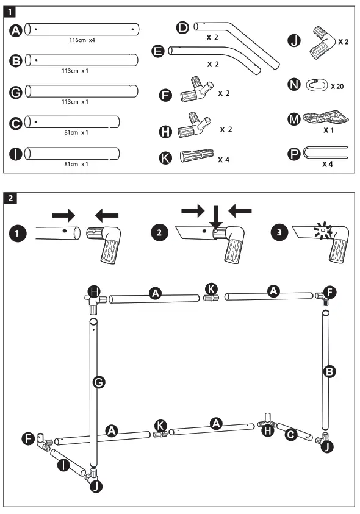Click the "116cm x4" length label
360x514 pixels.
pos(82,40)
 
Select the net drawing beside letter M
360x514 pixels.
pos(326,117)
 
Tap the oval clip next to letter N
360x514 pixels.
pos(317,85)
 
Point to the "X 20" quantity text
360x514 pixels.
pos(337,87)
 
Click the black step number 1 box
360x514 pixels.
pos(10,12)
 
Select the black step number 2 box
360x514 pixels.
pos(10,198)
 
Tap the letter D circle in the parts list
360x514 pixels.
pos(182,28)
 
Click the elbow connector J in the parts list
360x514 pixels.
pos(322,42)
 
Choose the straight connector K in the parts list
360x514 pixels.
pos(197,156)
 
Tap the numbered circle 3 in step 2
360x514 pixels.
pos(279,232)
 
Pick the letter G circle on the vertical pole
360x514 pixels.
pos(98,382)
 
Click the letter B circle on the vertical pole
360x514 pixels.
pos(329,372)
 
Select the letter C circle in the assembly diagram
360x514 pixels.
pos(290,435)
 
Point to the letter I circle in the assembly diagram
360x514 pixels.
pos(63,465)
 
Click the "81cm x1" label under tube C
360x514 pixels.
pos(76,133)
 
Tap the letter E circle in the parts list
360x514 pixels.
pos(158,51)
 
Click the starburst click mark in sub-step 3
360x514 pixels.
pos(323,231)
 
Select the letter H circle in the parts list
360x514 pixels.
pos(165,132)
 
